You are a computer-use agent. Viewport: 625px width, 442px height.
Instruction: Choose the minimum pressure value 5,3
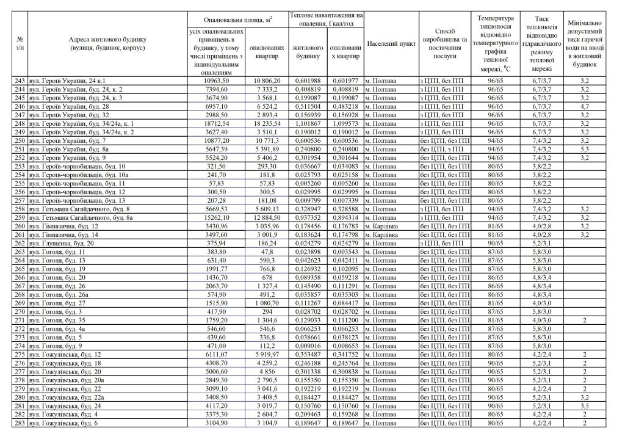pyautogui.click(x=584, y=149)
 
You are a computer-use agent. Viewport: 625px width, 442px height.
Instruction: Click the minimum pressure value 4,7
pyautogui.click(x=584, y=106)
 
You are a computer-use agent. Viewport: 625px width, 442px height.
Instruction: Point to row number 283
pyautogui.click(x=20, y=421)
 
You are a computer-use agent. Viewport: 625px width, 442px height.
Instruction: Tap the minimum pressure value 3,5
pyautogui.click(x=584, y=404)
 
